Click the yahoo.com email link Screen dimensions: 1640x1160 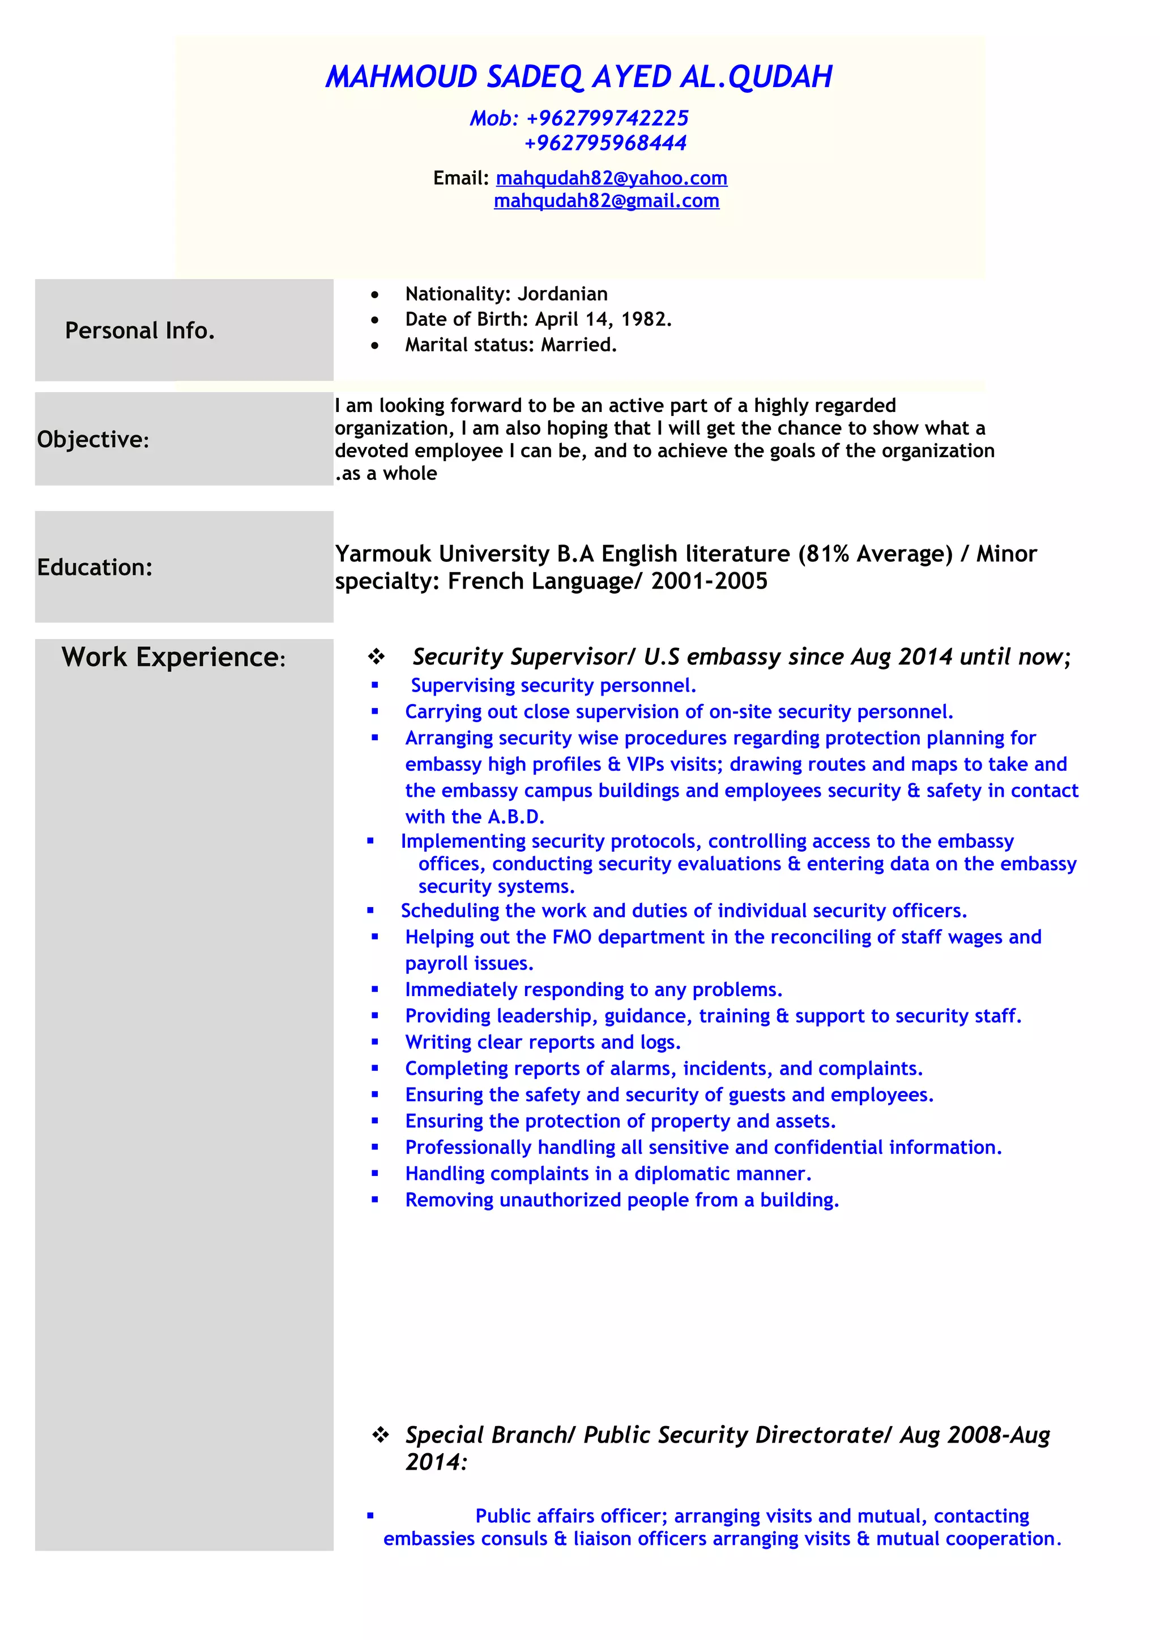611,178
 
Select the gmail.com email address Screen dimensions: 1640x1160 606,201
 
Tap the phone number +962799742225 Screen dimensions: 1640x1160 607,118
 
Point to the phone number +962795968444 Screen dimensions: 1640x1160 605,143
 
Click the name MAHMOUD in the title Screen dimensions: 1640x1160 401,77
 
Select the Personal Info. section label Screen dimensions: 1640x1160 140,330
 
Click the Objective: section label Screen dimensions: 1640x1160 93,439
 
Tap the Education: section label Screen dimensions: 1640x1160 95,567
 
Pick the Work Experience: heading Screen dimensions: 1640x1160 173,657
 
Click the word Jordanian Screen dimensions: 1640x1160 562,294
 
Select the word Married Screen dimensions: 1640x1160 578,345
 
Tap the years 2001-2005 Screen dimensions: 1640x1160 709,581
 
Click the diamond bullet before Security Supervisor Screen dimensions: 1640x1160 376,656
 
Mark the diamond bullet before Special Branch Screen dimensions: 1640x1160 380,1434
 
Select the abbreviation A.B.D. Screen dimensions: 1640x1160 515,817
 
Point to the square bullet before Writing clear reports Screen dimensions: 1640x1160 374,1042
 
